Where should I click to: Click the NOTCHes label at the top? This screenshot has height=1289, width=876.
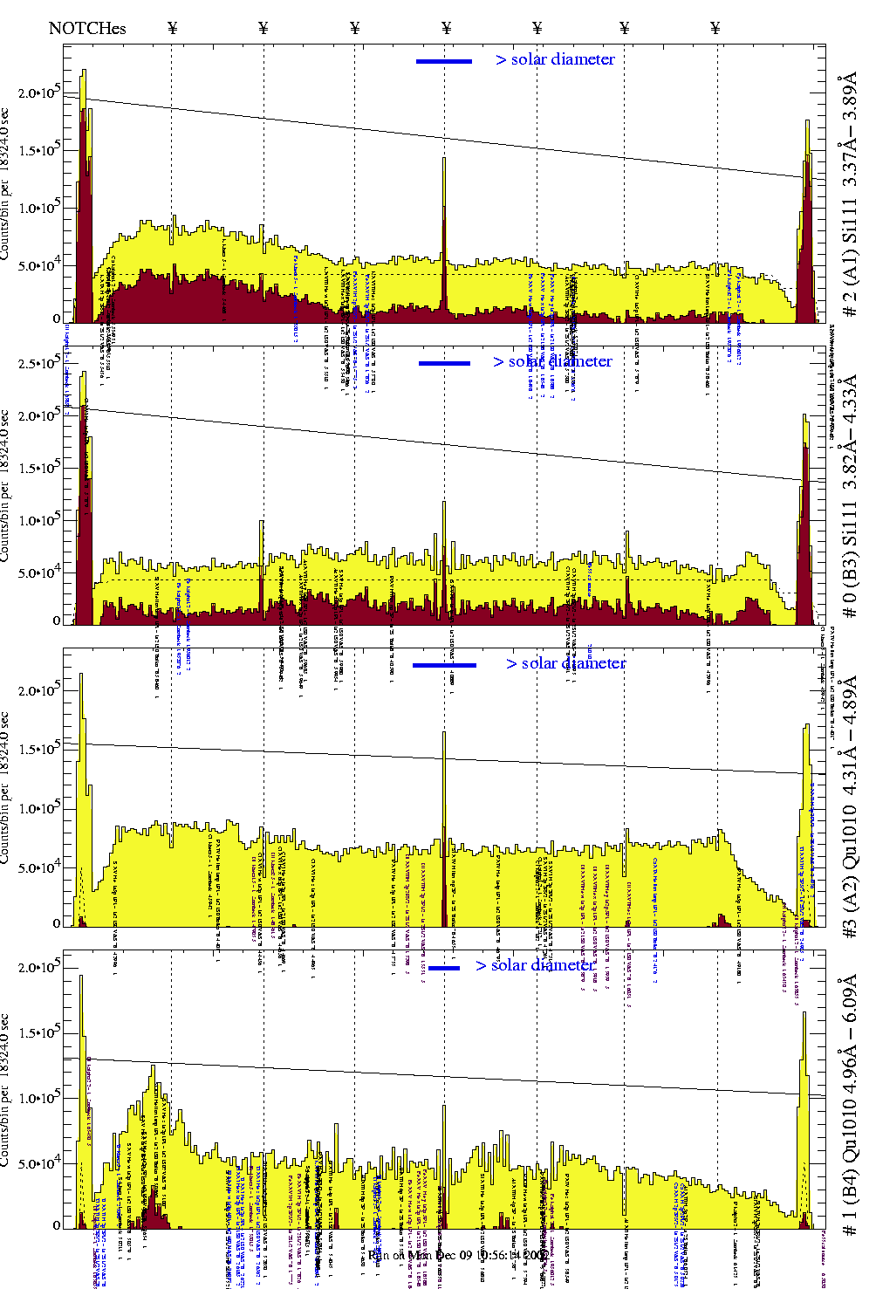[87, 28]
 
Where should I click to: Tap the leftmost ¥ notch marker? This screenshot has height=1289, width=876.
[173, 28]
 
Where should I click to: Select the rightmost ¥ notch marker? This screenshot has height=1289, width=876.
[715, 28]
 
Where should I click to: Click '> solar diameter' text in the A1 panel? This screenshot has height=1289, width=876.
[555, 59]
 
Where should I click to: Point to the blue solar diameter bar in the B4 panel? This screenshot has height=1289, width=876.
[444, 968]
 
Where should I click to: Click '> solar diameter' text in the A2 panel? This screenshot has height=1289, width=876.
[565, 663]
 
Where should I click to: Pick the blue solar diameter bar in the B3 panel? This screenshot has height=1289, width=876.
[444, 363]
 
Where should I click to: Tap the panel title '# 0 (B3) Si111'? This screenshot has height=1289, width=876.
[849, 497]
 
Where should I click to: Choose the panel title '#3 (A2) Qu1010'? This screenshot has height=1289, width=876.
[849, 807]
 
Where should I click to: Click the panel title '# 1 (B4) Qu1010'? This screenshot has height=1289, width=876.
[849, 1104]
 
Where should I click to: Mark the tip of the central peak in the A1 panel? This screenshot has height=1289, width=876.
[444, 159]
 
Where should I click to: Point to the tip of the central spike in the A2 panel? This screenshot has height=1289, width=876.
[444, 733]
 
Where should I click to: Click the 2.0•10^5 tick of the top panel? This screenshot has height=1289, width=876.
[39, 93]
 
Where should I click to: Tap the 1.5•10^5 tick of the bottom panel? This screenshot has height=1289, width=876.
[39, 1033]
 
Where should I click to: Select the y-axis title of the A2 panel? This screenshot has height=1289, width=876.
[5, 790]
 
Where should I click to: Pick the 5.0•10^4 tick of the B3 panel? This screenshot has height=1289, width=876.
[39, 573]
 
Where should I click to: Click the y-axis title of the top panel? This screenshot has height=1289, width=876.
[5, 183]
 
